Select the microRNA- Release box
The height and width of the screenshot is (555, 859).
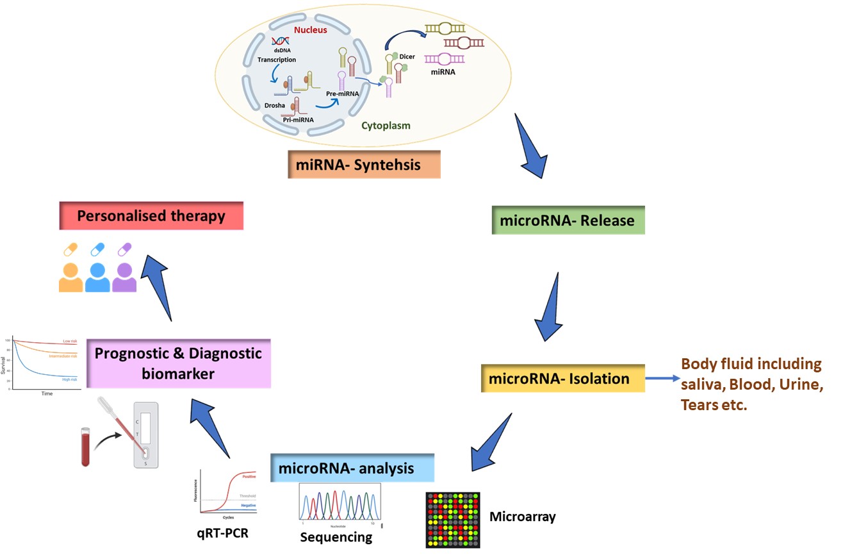[x=568, y=220]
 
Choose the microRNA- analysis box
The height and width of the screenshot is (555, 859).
[x=352, y=468]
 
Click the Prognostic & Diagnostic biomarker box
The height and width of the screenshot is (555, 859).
[x=179, y=363]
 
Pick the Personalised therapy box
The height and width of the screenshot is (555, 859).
[x=151, y=216]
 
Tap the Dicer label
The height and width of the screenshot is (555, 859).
[x=407, y=56]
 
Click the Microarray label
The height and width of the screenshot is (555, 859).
[x=522, y=517]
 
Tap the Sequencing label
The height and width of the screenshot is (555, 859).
[x=337, y=537]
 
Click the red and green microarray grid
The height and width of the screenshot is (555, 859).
[x=453, y=520]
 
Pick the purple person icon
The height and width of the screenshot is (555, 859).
[x=124, y=277]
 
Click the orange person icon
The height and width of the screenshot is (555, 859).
[x=70, y=277]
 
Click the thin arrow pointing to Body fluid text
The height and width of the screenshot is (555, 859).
[x=661, y=379]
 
